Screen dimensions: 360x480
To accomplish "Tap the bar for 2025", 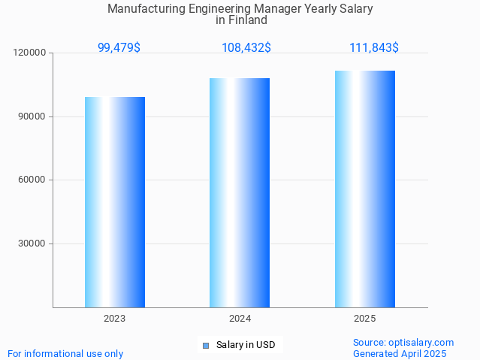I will tap(365, 189).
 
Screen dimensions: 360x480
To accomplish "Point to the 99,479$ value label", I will tap(119, 47).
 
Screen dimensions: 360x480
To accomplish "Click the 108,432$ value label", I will tap(246, 47).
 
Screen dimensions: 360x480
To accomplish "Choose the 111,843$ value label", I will tap(374, 47).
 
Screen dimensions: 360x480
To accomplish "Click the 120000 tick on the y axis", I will tap(30, 53).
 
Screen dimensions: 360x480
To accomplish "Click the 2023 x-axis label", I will tap(115, 319).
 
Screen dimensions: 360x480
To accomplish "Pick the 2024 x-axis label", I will tap(240, 319).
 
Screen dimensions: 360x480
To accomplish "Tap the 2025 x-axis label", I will tap(365, 319).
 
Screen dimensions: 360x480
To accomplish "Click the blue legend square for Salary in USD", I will tap(205, 346).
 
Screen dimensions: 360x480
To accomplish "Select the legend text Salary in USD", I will tap(246, 346).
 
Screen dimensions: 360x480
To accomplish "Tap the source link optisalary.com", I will tap(421, 343).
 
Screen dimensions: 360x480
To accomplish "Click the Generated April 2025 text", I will tap(400, 354).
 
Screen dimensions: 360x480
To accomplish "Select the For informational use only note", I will tap(65, 354).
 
